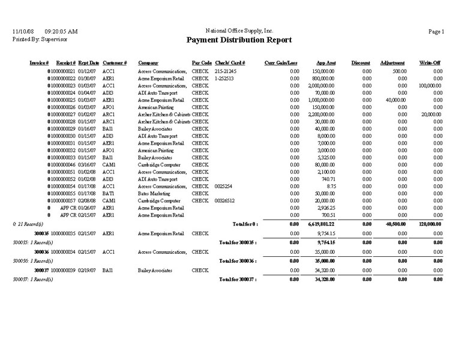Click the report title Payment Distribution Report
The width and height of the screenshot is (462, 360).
tap(239, 40)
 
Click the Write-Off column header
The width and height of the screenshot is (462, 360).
tap(431, 63)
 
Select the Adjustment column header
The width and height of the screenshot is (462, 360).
tap(392, 63)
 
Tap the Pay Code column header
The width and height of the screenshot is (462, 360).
tap(202, 63)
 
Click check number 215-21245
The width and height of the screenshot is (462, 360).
tap(226, 71)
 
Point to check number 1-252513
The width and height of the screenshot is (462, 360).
tap(224, 79)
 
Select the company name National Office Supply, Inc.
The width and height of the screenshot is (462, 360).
tap(239, 30)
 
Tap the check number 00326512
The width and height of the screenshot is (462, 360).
tap(224, 200)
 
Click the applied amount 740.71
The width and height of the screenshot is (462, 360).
tap(326, 179)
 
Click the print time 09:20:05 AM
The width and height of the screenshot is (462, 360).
tap(61, 31)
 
